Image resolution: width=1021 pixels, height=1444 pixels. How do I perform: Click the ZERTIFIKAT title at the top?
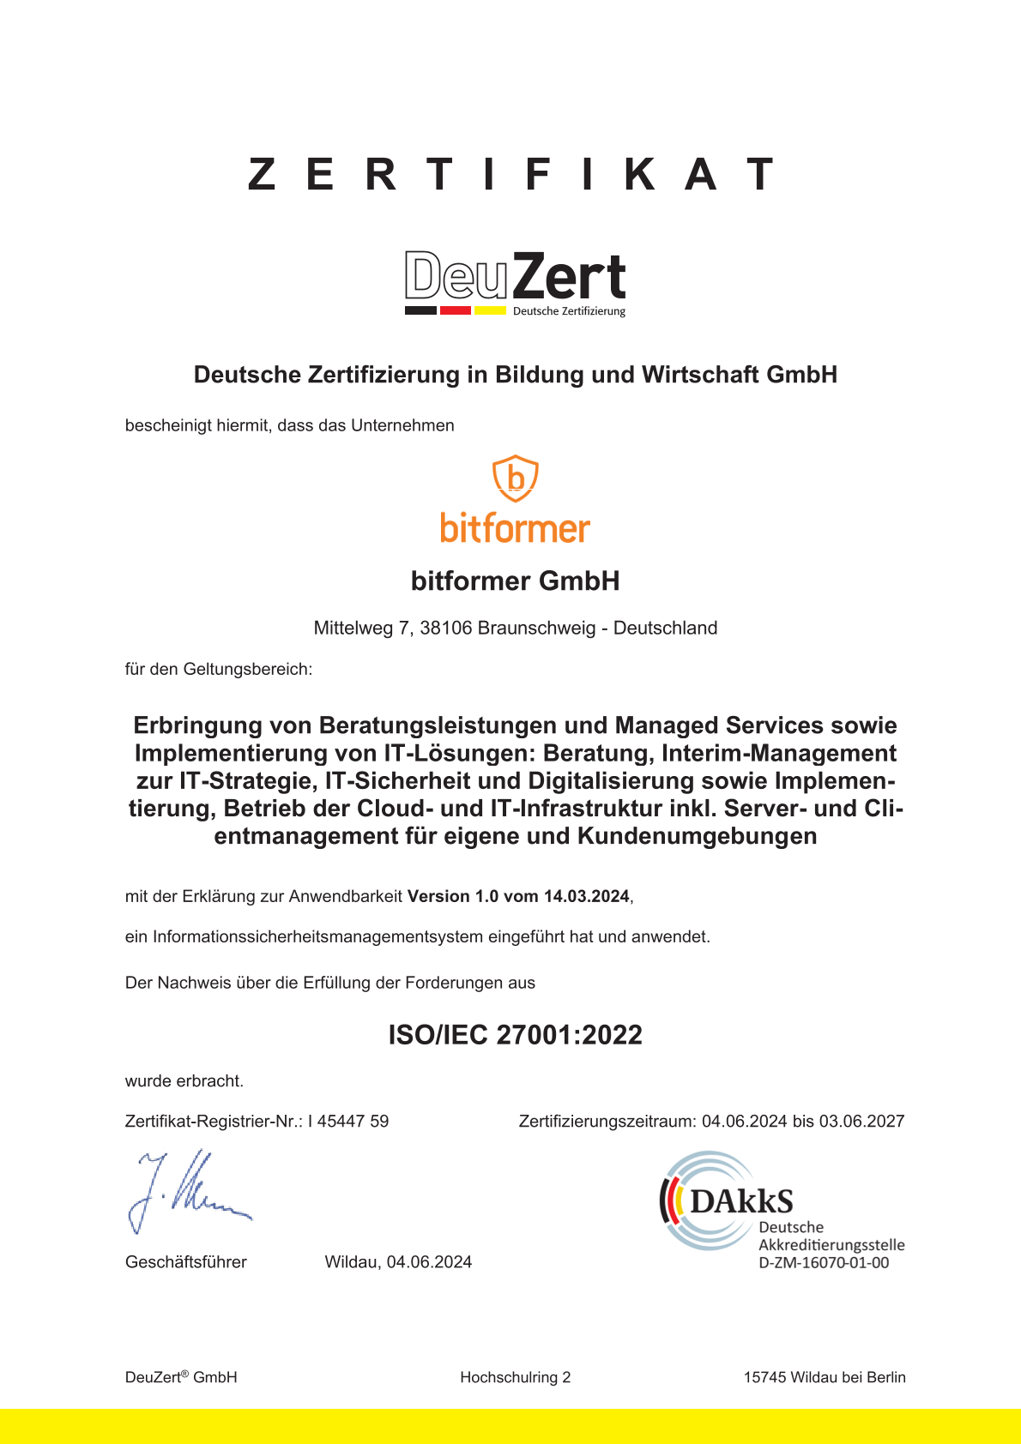point(511,174)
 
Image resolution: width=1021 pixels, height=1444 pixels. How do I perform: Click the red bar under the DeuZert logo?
point(455,310)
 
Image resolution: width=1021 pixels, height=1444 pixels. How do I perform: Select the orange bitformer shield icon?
point(515,478)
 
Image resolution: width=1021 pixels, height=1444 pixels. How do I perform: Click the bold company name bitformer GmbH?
point(515,581)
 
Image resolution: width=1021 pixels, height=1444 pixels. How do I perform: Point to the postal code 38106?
point(446,629)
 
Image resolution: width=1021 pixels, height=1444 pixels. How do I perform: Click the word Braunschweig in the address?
point(536,629)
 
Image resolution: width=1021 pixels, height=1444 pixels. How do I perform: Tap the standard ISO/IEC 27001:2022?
point(515,1035)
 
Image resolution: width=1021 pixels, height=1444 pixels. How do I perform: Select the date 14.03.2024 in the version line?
point(587,897)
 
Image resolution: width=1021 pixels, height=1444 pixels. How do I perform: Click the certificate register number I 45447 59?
point(348,1122)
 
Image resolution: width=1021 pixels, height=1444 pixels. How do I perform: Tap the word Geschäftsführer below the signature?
point(186,1262)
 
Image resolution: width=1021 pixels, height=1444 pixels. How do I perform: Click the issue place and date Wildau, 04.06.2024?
point(398,1262)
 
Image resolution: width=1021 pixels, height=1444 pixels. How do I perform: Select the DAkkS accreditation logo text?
point(741,1201)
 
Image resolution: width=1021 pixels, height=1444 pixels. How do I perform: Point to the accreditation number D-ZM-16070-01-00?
point(824,1263)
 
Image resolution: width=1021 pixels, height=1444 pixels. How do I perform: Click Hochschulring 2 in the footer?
point(515,1378)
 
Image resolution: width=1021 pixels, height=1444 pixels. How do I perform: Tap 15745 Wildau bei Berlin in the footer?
point(825,1378)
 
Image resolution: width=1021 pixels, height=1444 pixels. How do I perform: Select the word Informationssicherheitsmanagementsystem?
point(317,937)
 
